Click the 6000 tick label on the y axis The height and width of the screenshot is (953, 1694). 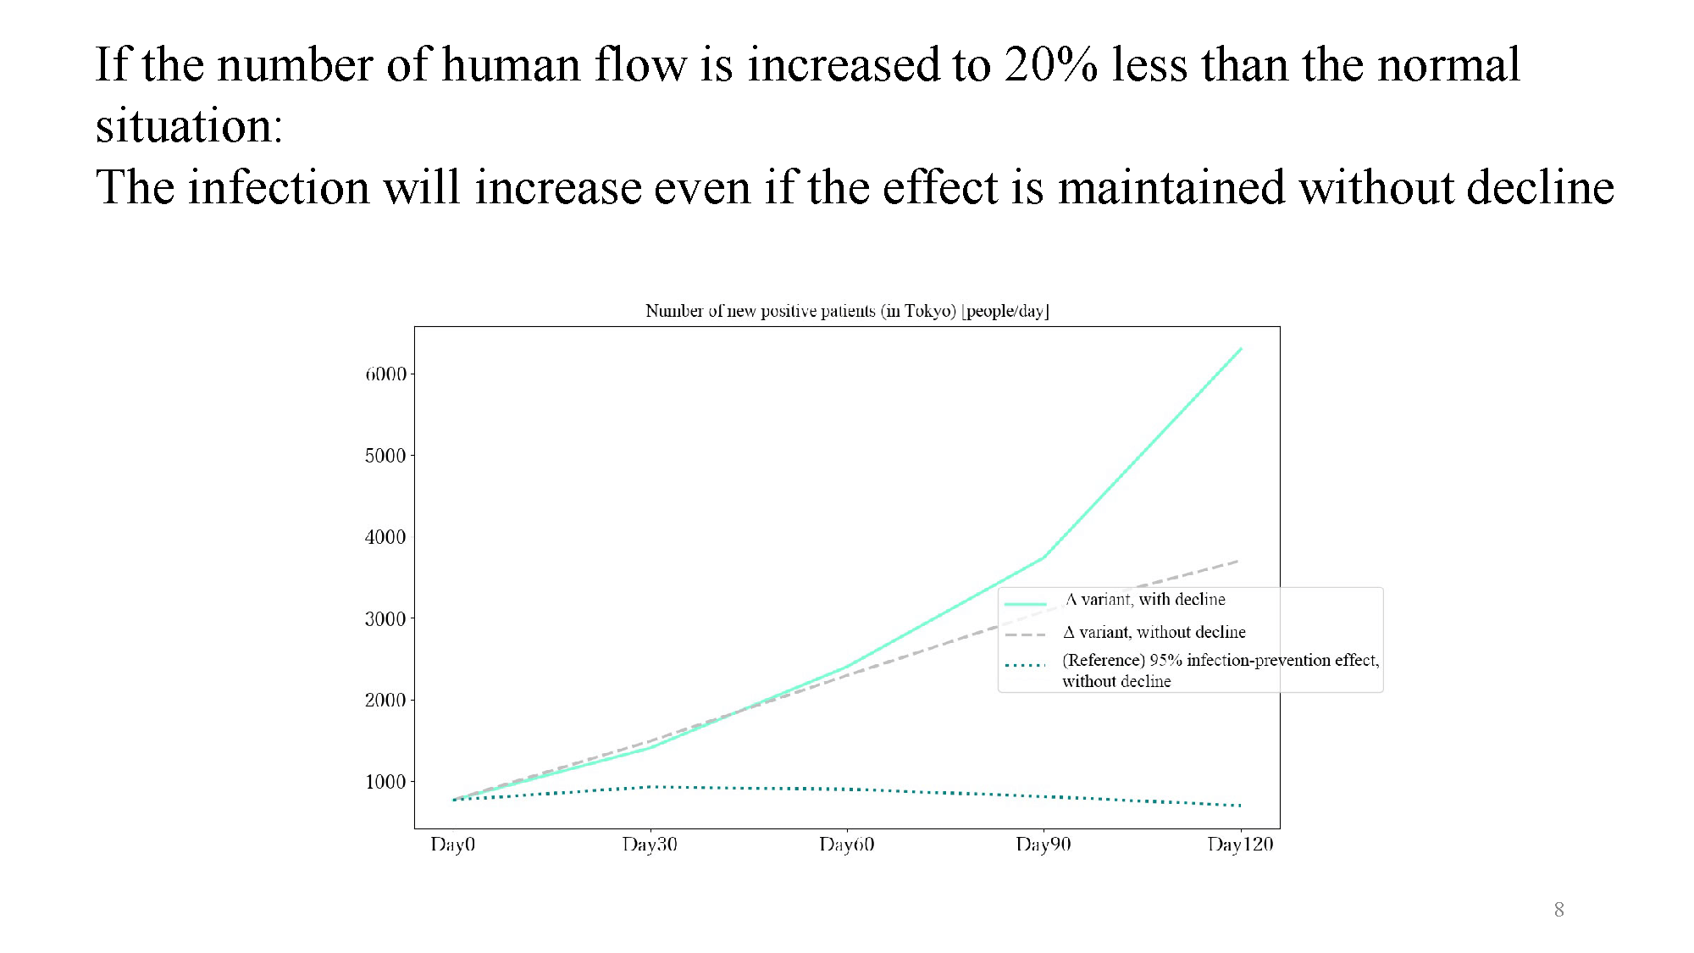tap(385, 374)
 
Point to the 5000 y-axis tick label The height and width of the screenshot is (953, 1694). tap(385, 456)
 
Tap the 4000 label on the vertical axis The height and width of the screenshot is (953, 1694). tap(385, 537)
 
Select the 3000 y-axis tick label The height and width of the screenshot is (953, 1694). tap(385, 619)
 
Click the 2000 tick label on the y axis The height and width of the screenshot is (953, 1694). tap(385, 701)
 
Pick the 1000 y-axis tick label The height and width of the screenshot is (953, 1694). tap(385, 782)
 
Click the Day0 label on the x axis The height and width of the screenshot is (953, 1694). tap(453, 845)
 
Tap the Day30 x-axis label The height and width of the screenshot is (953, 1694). tap(650, 845)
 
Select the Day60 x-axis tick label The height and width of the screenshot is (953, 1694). tap(847, 845)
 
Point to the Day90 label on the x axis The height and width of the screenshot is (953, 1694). tap(1044, 845)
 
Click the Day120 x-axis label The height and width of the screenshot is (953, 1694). tap(1240, 845)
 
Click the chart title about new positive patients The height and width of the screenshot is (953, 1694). tap(847, 311)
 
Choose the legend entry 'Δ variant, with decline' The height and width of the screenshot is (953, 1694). tap(1145, 600)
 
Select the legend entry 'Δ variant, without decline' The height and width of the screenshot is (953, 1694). tap(1154, 632)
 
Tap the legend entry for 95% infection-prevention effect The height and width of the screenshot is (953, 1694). tap(1221, 670)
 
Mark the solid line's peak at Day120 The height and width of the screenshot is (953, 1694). tap(1241, 348)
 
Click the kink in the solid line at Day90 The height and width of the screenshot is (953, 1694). tap(1044, 557)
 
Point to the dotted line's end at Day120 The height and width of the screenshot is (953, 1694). tap(1241, 806)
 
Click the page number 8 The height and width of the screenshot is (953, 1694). tap(1558, 910)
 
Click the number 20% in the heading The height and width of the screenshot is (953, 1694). tap(1051, 64)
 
